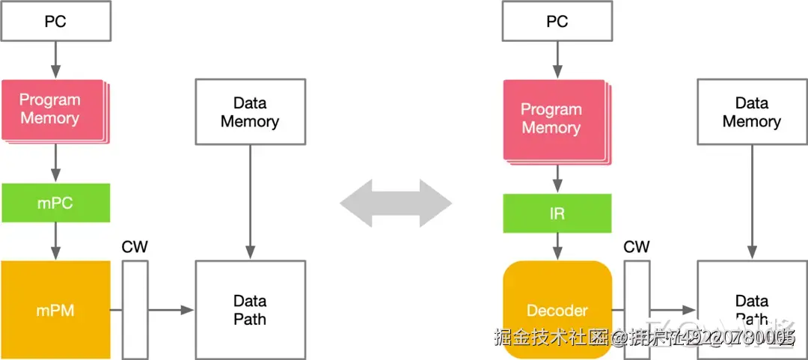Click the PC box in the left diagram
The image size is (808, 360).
point(55,22)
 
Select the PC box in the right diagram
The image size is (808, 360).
point(557,22)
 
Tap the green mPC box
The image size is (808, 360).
point(55,203)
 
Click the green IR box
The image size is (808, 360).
point(557,213)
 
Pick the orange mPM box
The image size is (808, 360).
point(55,310)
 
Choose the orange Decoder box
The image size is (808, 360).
point(557,310)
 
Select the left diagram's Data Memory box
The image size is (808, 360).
point(250,112)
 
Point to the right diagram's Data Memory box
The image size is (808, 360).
point(752,112)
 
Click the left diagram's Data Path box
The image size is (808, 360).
point(250,310)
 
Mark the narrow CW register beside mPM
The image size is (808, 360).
point(135,310)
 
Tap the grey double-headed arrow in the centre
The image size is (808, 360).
point(396,203)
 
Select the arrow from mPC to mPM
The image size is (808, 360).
point(55,241)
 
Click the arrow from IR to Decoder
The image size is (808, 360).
point(557,246)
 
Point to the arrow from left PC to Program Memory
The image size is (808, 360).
point(55,59)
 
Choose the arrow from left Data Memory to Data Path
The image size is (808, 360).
point(250,202)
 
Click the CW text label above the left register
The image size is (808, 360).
point(135,247)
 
